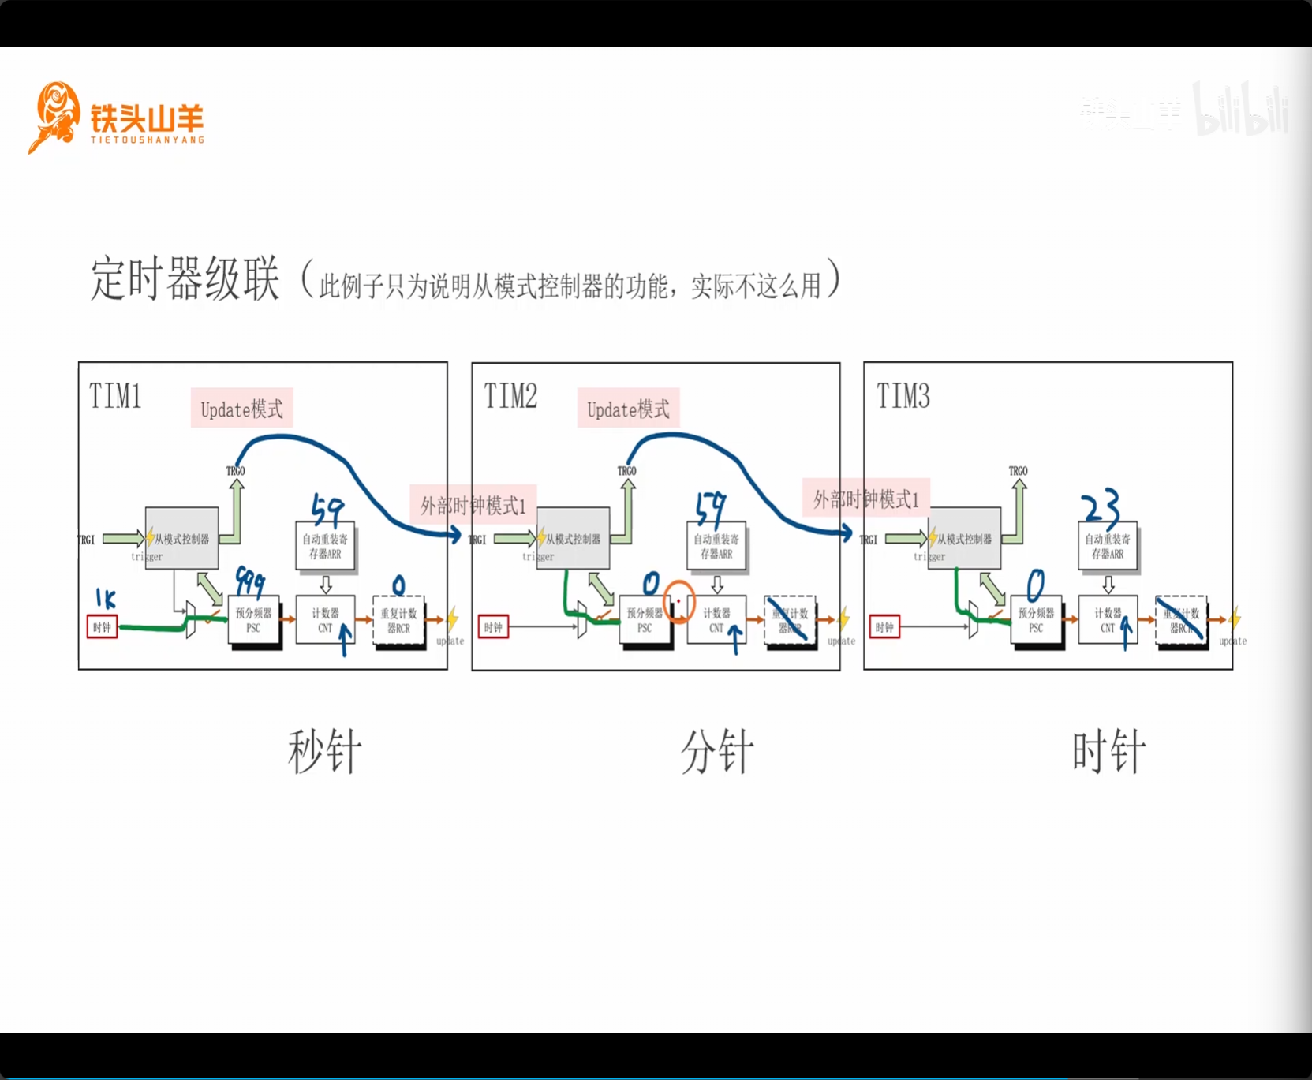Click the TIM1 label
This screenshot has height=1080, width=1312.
(115, 396)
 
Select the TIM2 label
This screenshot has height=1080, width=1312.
(510, 396)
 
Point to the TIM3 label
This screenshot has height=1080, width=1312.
(903, 396)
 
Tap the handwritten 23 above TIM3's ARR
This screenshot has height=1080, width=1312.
(1101, 507)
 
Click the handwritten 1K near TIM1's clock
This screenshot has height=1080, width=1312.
(106, 598)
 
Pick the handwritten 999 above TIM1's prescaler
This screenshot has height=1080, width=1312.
(250, 582)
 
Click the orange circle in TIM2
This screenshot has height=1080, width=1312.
(678, 601)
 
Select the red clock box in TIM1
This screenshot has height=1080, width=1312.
(102, 627)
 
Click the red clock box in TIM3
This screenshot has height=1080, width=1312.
(884, 627)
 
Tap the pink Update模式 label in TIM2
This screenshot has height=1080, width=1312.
(628, 409)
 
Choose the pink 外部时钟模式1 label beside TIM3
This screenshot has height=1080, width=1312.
(866, 499)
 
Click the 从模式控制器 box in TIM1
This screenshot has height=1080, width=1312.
(181, 539)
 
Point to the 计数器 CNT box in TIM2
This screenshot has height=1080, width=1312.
(716, 620)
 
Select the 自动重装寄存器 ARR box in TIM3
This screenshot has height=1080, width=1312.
(1108, 546)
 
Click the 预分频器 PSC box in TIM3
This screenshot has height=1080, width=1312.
(1036, 620)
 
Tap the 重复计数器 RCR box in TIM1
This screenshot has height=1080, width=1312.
(398, 620)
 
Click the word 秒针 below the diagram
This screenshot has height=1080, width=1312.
(324, 752)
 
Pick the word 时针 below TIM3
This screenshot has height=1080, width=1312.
(1108, 752)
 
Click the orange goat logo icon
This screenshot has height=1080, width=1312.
(54, 117)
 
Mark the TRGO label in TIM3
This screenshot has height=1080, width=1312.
(1018, 471)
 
